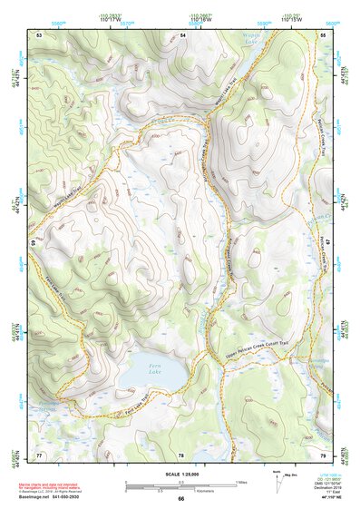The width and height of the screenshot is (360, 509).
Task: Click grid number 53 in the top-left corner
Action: (x=39, y=34)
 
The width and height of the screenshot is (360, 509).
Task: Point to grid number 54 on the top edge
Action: (x=182, y=34)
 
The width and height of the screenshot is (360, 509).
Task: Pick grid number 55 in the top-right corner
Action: (x=324, y=34)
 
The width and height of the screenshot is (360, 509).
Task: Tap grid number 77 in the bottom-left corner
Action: (x=39, y=454)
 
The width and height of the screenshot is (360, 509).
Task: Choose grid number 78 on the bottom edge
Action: (x=181, y=454)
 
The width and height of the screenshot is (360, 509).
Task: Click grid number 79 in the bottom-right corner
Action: (x=324, y=454)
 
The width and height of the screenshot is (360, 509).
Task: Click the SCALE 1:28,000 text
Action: (x=180, y=474)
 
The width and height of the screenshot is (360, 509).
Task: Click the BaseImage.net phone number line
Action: (x=59, y=498)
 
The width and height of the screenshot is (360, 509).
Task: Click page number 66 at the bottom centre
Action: (x=180, y=499)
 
